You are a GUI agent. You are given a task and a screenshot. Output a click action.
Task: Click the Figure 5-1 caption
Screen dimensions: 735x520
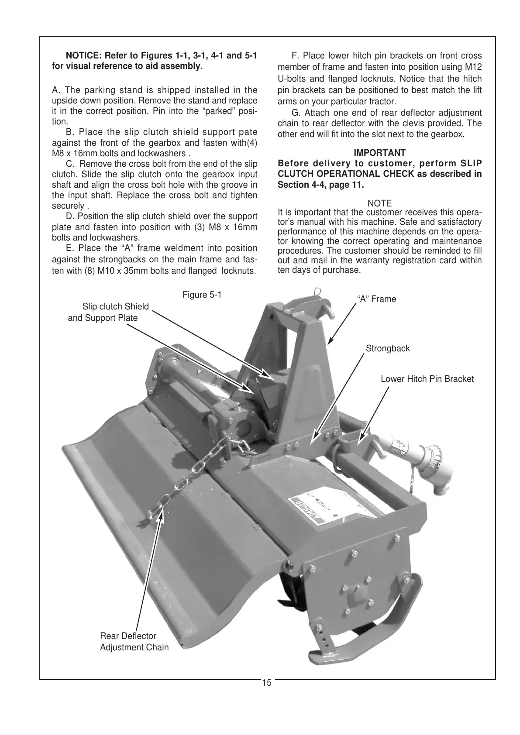202,295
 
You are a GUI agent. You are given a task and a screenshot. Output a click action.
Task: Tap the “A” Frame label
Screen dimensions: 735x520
376,299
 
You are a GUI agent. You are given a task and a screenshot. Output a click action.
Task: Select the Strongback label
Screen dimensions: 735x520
388,349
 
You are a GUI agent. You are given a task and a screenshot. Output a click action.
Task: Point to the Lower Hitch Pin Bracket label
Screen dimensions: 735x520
427,379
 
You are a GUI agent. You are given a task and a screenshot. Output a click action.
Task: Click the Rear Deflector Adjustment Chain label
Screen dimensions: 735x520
134,642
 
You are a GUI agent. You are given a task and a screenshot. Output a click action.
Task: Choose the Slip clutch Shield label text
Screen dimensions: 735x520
115,306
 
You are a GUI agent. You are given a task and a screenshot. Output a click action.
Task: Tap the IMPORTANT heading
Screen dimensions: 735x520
379,153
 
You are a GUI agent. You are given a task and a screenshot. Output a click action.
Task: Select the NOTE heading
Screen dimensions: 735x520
379,203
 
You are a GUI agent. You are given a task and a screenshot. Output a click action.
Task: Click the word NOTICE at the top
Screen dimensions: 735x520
83,56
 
